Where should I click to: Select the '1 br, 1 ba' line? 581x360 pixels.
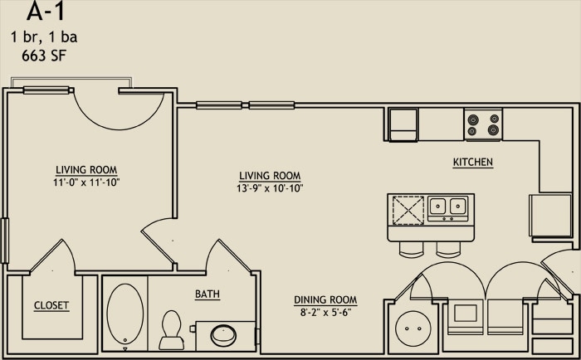[x=45, y=37]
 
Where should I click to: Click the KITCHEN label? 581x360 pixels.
[x=473, y=163]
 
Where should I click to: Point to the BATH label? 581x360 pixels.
[x=207, y=294]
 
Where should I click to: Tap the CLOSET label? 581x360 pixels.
[x=51, y=305]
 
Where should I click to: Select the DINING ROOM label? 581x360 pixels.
[x=325, y=300]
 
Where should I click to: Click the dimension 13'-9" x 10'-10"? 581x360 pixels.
[x=270, y=188]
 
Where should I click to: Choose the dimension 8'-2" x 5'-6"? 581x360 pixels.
[x=325, y=313]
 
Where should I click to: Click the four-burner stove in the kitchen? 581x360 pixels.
[x=483, y=124]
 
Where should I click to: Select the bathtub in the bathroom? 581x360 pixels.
[x=124, y=315]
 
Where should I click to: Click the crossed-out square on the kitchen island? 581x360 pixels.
[x=408, y=209]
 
